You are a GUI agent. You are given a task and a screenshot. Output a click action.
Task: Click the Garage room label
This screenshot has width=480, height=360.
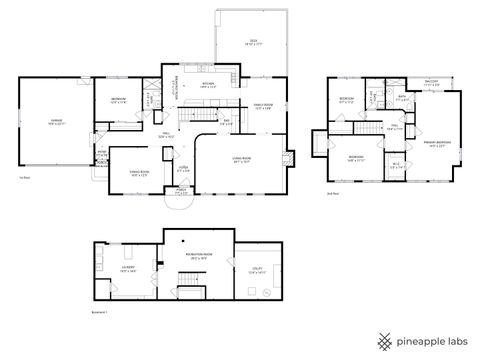45,123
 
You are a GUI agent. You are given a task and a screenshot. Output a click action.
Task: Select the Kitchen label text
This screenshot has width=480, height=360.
209,84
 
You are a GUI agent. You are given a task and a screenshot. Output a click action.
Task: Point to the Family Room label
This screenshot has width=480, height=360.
263,106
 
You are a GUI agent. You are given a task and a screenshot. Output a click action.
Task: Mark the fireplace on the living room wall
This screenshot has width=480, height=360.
290,158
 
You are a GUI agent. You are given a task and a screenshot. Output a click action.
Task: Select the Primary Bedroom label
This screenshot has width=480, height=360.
436,143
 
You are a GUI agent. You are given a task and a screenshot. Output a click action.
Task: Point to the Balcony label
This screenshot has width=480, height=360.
431,85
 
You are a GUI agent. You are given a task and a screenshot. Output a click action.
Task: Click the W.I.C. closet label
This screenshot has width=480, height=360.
396,165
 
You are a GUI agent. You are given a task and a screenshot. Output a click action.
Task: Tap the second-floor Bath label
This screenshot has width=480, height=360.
401,98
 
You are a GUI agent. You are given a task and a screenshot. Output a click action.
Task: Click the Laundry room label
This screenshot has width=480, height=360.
129,270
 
